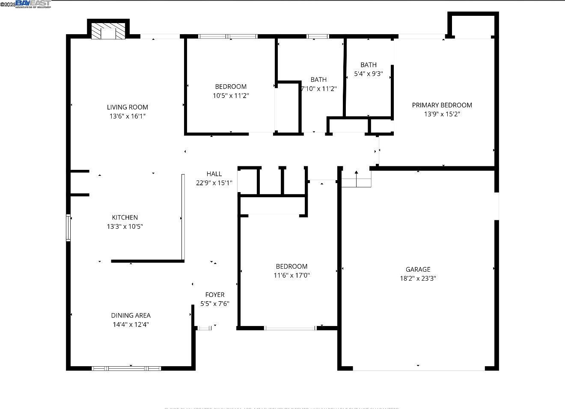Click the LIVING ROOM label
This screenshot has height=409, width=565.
(x=127, y=107)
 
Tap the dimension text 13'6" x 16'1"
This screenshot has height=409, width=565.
(x=127, y=116)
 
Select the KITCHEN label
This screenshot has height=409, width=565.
(x=125, y=217)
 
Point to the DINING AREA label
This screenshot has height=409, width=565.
(x=131, y=315)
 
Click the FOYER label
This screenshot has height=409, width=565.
(x=214, y=294)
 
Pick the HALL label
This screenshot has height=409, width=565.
(x=214, y=174)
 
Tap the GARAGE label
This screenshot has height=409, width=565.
(x=418, y=269)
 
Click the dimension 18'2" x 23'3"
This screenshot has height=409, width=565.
(x=418, y=278)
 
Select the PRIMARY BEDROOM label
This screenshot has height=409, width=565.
(x=442, y=105)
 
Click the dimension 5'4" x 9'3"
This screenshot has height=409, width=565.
(x=368, y=74)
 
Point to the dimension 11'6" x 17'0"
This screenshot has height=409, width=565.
(x=291, y=275)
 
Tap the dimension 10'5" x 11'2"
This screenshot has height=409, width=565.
(x=231, y=95)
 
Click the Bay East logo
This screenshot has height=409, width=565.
(x=33, y=4)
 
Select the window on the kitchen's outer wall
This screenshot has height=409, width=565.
(x=68, y=228)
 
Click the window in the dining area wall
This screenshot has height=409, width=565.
(x=126, y=368)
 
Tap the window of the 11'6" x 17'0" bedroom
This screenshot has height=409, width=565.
(x=290, y=328)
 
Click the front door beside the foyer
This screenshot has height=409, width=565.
(x=204, y=328)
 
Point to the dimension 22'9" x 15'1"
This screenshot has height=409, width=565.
(x=214, y=183)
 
